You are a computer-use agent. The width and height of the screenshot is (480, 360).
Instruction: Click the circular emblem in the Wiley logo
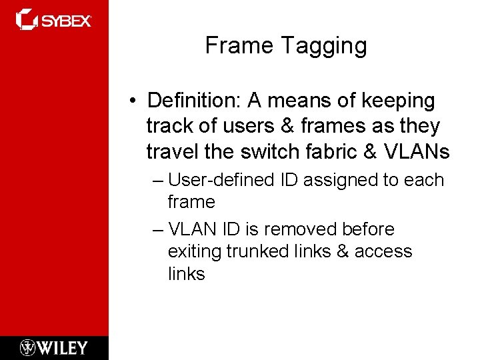pyautogui.click(x=28, y=347)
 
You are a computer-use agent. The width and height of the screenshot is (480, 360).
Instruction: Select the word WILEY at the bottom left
pyautogui.click(x=63, y=347)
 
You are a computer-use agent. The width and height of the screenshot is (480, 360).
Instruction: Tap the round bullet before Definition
pyautogui.click(x=134, y=101)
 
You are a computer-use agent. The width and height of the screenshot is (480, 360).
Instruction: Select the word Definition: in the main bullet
pyautogui.click(x=195, y=101)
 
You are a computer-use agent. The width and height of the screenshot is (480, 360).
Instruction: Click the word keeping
pyautogui.click(x=398, y=101)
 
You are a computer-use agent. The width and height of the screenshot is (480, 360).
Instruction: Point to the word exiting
pyautogui.click(x=195, y=251)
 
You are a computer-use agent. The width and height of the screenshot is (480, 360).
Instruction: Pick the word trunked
pyautogui.click(x=259, y=251)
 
